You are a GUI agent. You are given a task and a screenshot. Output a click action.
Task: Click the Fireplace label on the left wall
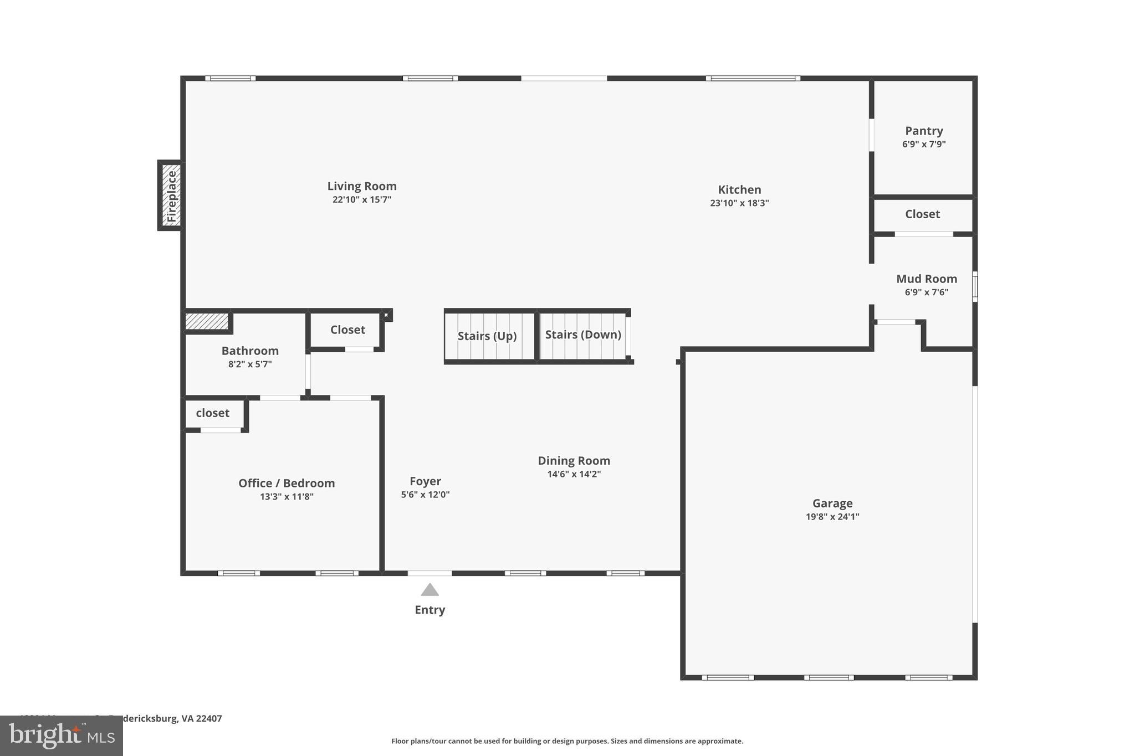point(171,196)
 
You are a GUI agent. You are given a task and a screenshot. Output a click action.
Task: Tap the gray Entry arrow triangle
point(430,590)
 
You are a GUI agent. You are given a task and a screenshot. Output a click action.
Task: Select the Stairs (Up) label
point(487,336)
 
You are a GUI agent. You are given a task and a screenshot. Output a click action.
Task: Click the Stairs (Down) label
point(583,335)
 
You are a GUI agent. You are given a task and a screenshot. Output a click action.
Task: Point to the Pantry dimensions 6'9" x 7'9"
point(923,145)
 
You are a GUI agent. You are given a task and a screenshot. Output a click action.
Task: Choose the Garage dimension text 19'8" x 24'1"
point(832,517)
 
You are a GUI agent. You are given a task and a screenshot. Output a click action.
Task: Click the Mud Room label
point(926,279)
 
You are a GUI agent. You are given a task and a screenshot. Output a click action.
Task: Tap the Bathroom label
point(250,351)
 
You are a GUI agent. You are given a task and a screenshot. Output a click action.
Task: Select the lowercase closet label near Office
point(212,413)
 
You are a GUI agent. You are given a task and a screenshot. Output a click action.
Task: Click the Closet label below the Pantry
point(922,214)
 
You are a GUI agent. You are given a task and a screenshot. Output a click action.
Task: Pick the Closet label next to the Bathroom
point(347,330)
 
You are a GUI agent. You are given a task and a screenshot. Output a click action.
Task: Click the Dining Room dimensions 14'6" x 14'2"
point(574,474)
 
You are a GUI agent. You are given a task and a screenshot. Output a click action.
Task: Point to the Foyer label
point(425,481)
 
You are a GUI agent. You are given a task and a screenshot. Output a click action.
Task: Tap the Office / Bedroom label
point(287,483)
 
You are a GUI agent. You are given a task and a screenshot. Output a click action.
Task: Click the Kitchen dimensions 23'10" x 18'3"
point(739,203)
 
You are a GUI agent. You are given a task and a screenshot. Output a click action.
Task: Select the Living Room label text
point(361,186)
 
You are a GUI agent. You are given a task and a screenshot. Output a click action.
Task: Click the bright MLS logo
point(62,736)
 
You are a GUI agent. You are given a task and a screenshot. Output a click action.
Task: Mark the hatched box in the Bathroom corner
point(206,321)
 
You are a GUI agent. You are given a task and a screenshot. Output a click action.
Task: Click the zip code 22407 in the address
point(209,719)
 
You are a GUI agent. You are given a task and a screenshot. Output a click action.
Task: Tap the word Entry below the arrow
point(430,610)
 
